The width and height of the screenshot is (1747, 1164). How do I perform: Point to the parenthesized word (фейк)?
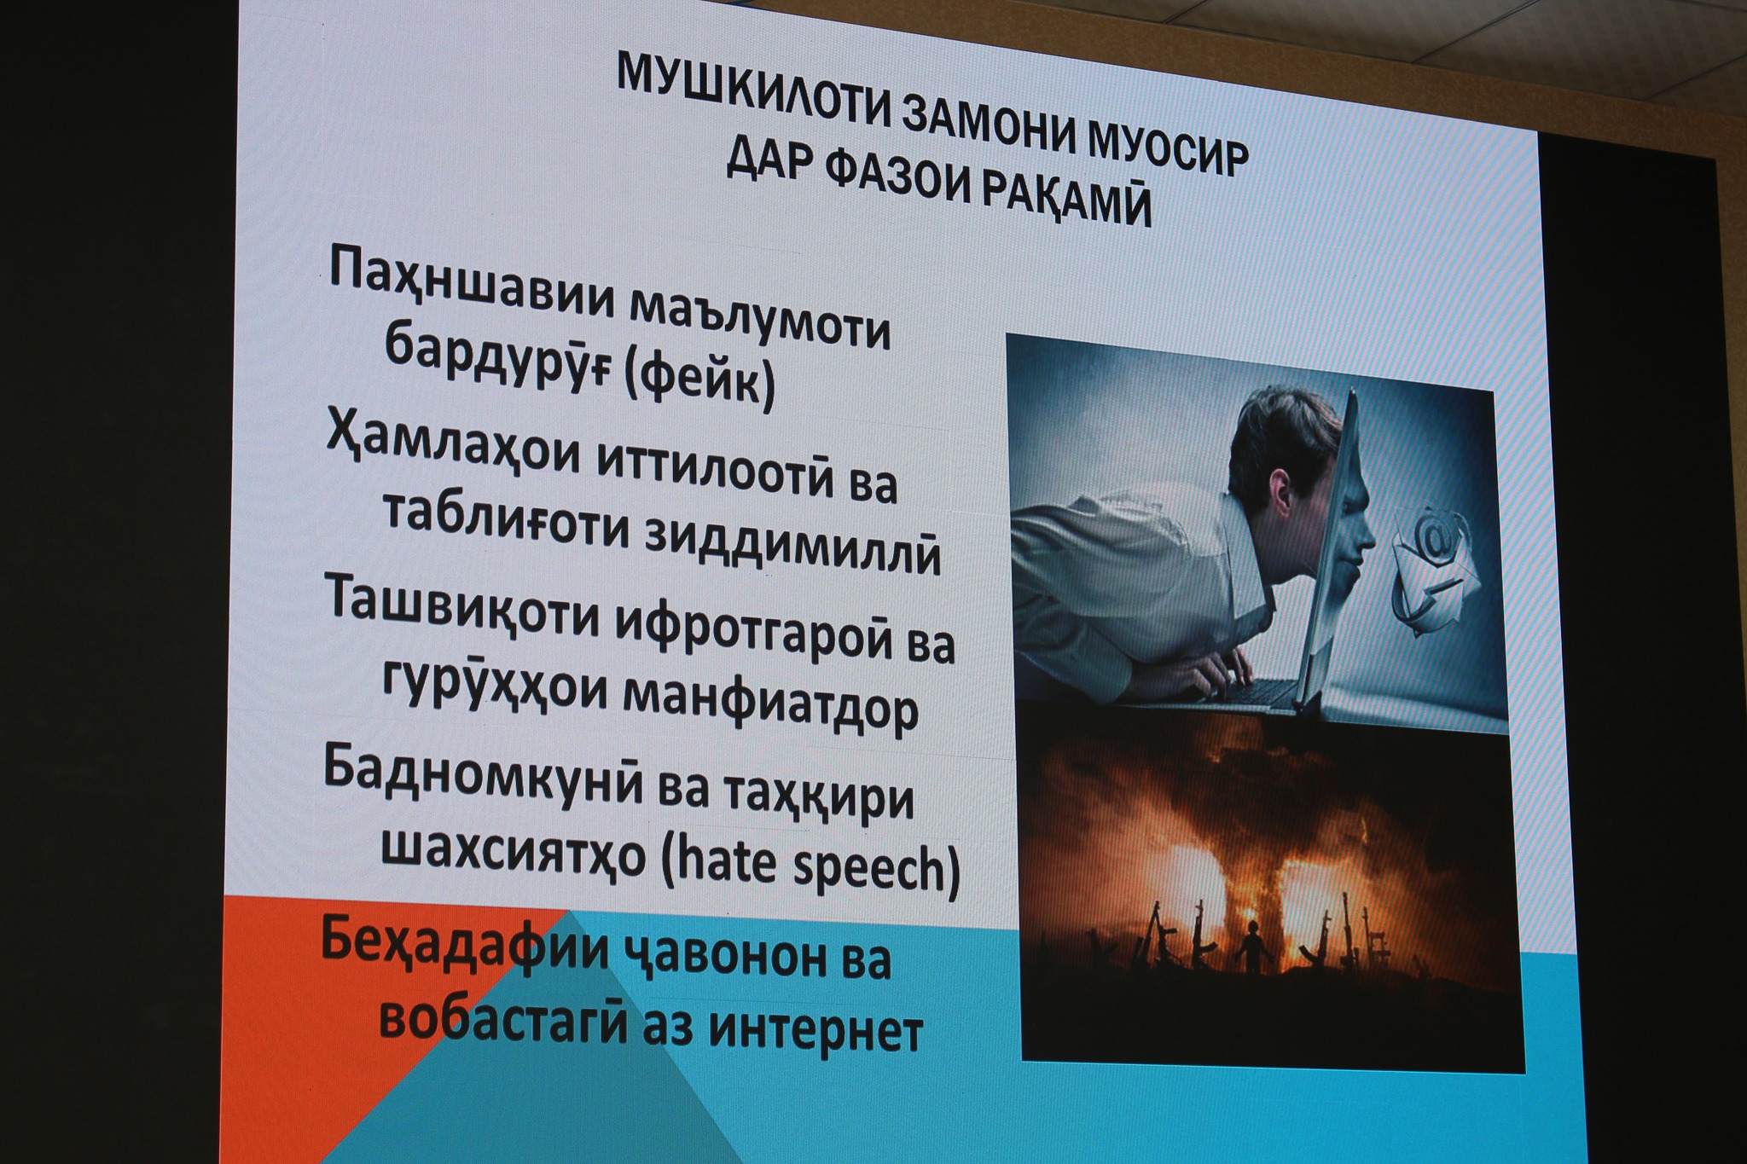point(699,381)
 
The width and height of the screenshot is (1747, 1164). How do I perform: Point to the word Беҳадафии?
point(462,947)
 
